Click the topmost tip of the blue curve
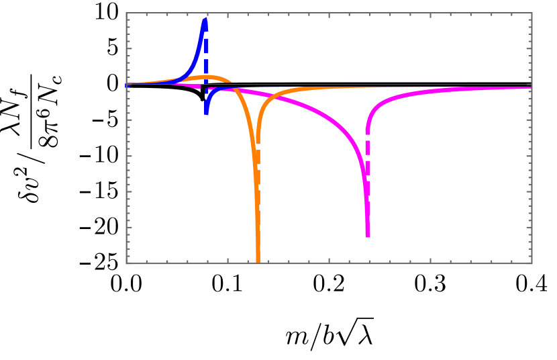pos(205,19)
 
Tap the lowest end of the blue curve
pos(206,113)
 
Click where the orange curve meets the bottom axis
pos(258,262)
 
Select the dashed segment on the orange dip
pos(258,158)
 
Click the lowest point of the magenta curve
pos(368,236)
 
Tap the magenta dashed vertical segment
pos(368,154)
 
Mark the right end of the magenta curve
pos(531,87)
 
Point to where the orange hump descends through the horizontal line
pos(232,85)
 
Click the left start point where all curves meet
pos(127,85)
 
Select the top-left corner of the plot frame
pos(126,13)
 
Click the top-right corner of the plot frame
pos(531,13)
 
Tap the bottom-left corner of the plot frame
pos(126,263)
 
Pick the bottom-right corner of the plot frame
pos(531,263)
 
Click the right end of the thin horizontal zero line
pos(531,85)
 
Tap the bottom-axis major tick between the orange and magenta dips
pos(329,261)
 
